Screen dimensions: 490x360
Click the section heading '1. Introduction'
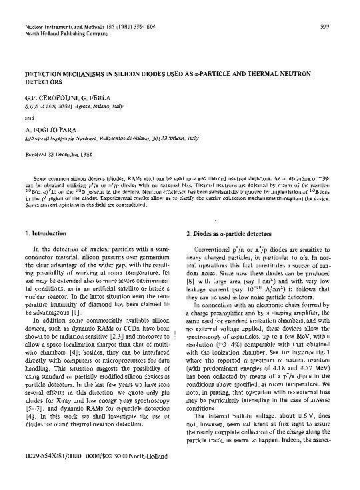pyautogui.click(x=42, y=233)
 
